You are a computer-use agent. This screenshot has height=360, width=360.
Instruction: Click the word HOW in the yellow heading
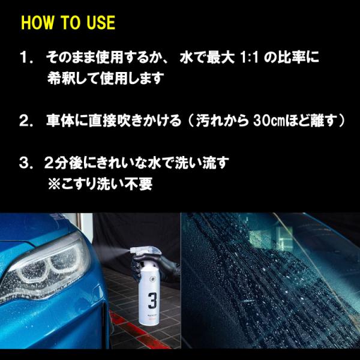(x=37, y=23)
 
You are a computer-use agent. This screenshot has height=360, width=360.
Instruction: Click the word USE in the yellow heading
(x=101, y=23)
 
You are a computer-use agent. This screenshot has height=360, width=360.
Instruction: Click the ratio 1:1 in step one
(x=249, y=58)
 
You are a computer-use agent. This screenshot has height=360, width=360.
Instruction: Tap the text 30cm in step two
(x=268, y=121)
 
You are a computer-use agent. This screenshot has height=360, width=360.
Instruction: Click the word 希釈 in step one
(x=61, y=78)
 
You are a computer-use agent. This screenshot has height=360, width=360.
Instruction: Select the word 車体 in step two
(x=59, y=121)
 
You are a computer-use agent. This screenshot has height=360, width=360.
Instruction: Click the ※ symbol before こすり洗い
(x=54, y=184)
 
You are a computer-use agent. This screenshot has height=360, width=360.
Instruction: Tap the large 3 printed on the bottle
(x=152, y=301)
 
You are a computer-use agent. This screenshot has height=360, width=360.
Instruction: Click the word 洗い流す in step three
(x=202, y=163)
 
